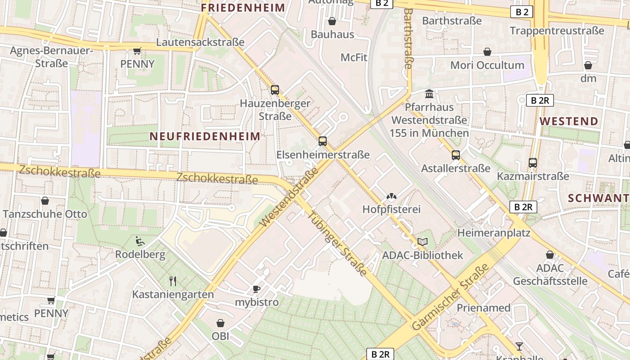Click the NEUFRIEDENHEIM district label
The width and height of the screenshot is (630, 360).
tap(205, 136)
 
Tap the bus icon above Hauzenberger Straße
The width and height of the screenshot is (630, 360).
tap(275, 90)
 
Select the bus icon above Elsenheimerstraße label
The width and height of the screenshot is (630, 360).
tap(323, 141)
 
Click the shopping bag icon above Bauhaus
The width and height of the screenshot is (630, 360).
tap(332, 21)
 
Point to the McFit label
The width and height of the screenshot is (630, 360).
tap(354, 58)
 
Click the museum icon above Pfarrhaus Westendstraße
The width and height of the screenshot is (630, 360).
tap(429, 94)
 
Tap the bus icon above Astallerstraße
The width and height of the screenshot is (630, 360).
tap(456, 155)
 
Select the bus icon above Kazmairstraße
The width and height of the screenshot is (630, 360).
tap(533, 162)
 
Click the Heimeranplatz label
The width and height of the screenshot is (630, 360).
tap(494, 233)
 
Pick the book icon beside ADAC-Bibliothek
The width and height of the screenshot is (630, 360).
tap(422, 242)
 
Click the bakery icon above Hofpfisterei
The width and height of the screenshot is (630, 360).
tap(391, 196)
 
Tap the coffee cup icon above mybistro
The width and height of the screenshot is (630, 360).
tap(256, 289)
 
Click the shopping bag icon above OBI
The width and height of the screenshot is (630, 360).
tap(220, 323)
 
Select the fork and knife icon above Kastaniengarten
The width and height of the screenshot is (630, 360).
tap(173, 281)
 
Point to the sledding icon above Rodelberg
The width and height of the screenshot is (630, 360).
tap(140, 242)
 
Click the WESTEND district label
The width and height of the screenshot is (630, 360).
tap(569, 121)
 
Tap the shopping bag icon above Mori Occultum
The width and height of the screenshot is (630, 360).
tap(487, 52)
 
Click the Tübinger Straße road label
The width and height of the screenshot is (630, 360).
tap(338, 243)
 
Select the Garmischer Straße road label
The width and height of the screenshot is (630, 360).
tap(450, 297)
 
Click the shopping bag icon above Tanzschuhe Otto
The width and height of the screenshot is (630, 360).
tap(45, 201)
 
